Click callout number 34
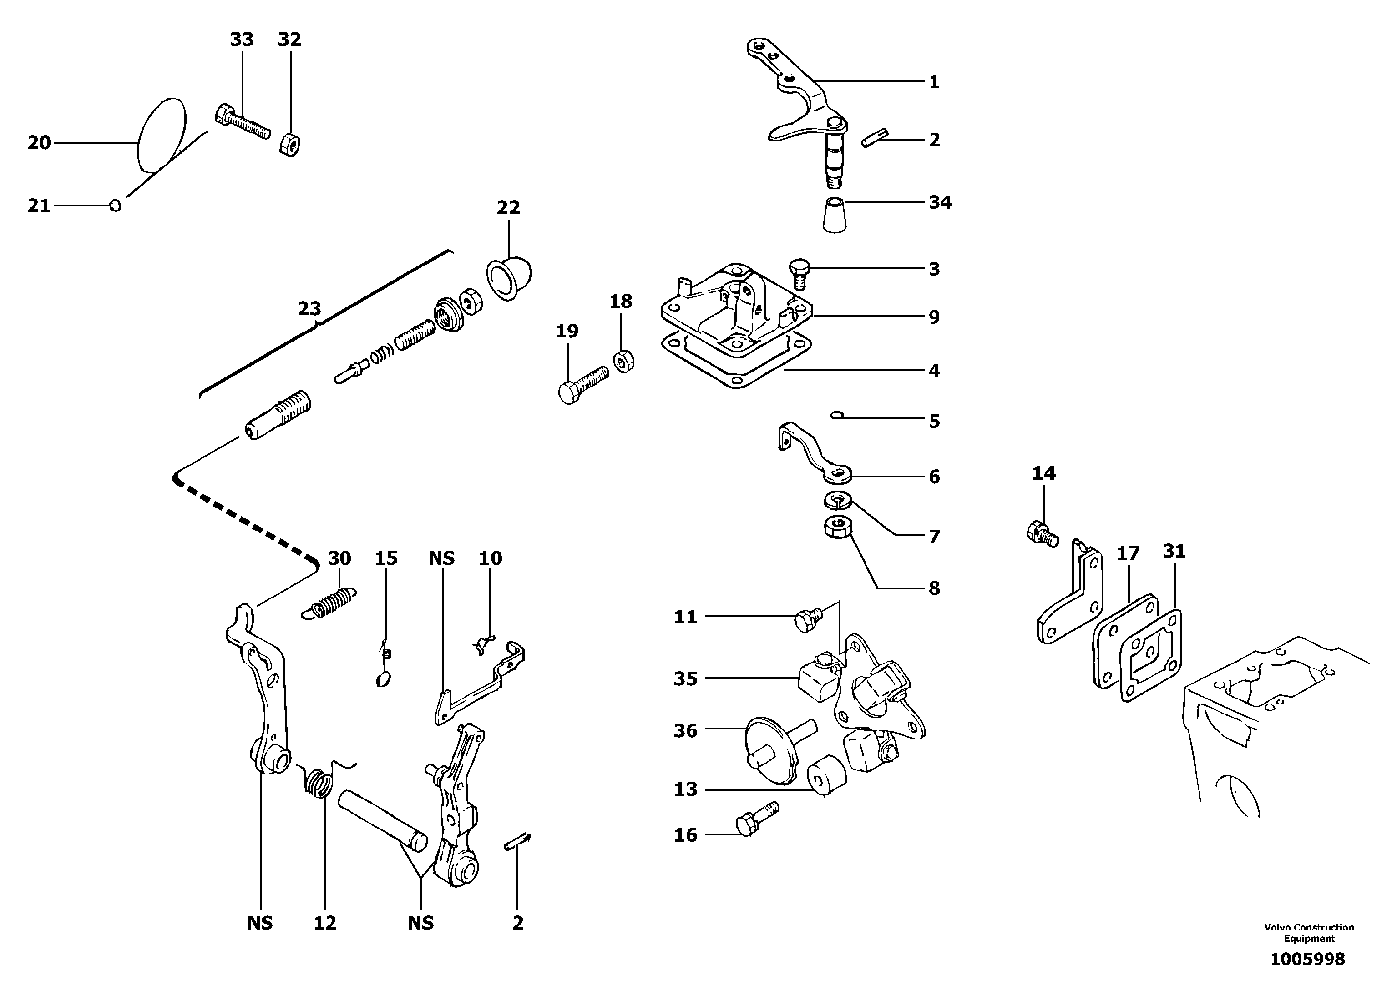(x=940, y=202)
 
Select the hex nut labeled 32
(x=289, y=145)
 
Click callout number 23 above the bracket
(x=309, y=308)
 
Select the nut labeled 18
(x=623, y=362)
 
